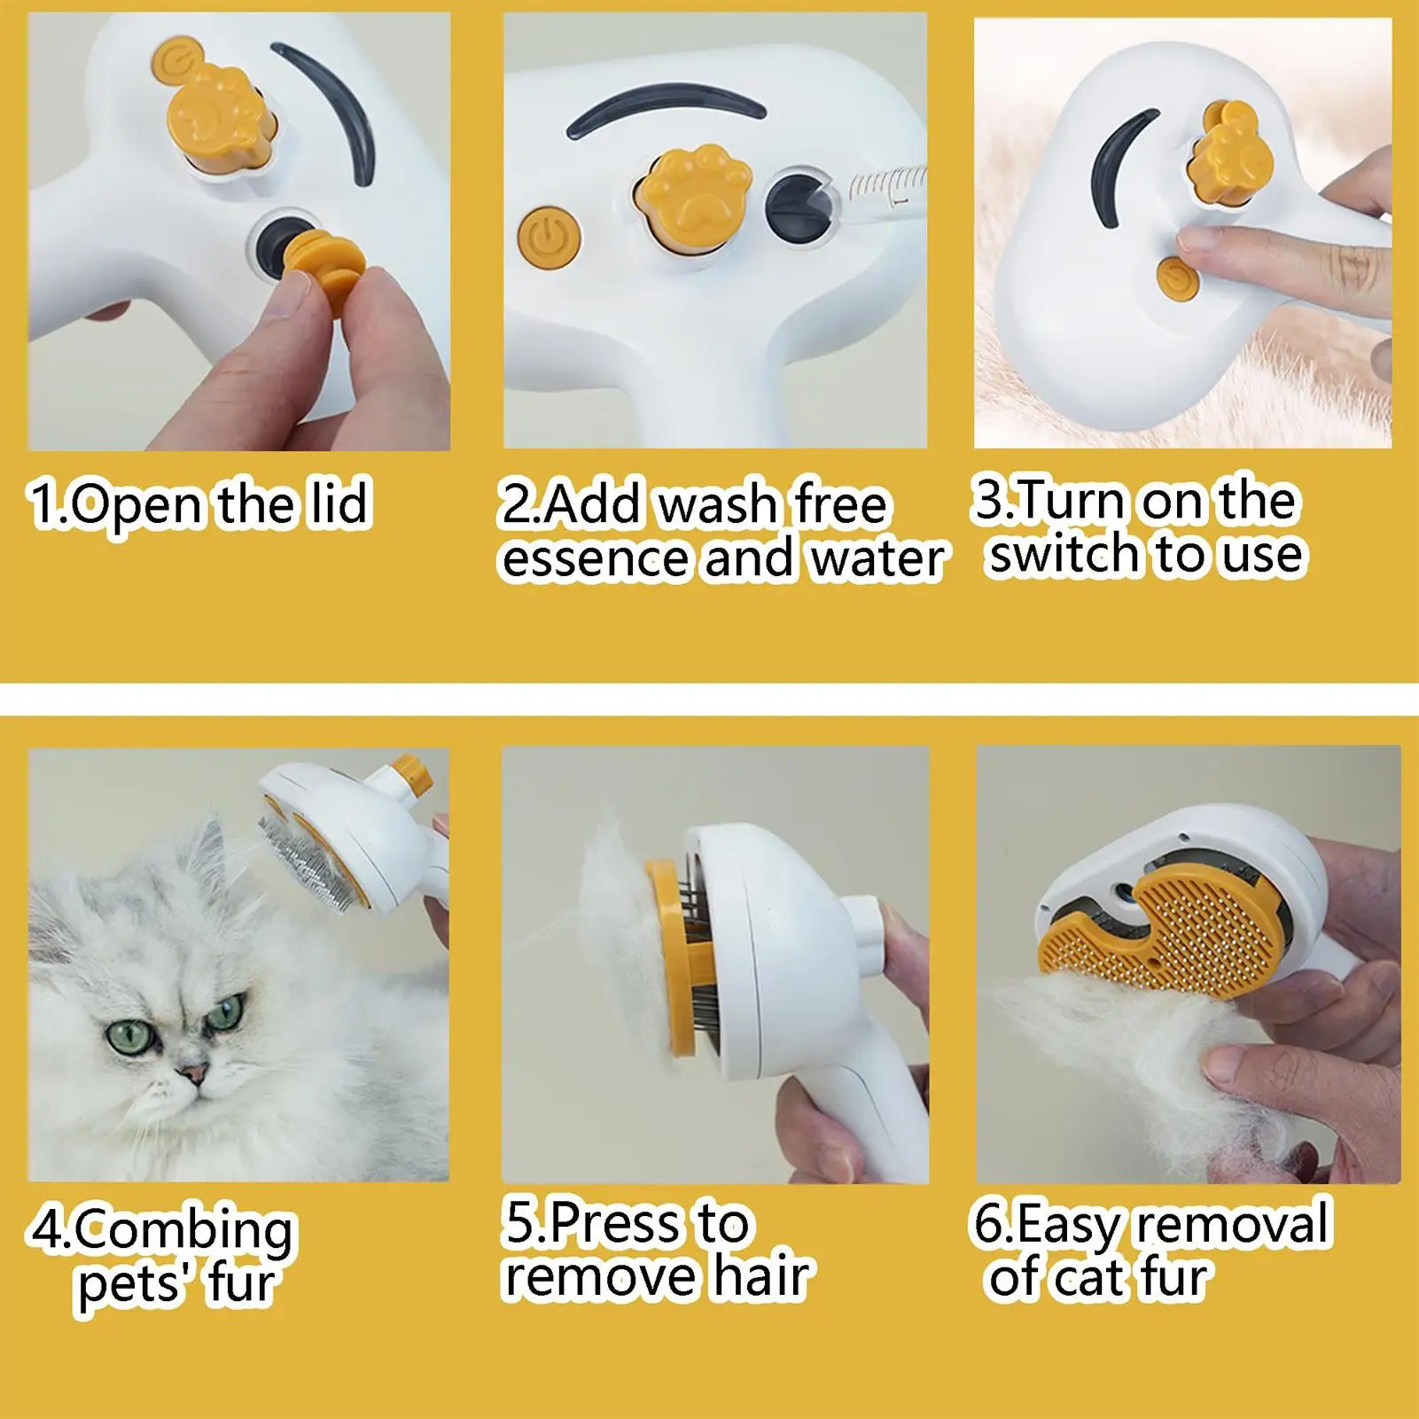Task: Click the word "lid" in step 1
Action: (x=338, y=503)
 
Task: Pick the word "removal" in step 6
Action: (x=1233, y=1223)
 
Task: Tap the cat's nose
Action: (x=193, y=1074)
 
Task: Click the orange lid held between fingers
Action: (x=323, y=263)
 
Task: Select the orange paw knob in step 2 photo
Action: (x=695, y=194)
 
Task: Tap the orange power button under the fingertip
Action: (x=1176, y=277)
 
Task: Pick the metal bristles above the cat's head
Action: (x=315, y=852)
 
